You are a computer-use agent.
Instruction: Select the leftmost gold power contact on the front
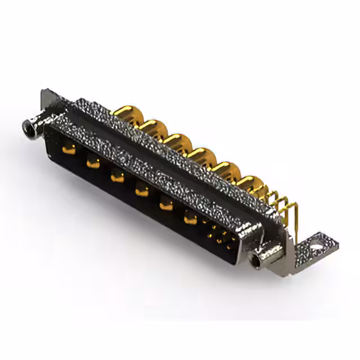(x=70, y=148)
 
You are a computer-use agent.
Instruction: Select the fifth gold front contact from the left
(x=166, y=205)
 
